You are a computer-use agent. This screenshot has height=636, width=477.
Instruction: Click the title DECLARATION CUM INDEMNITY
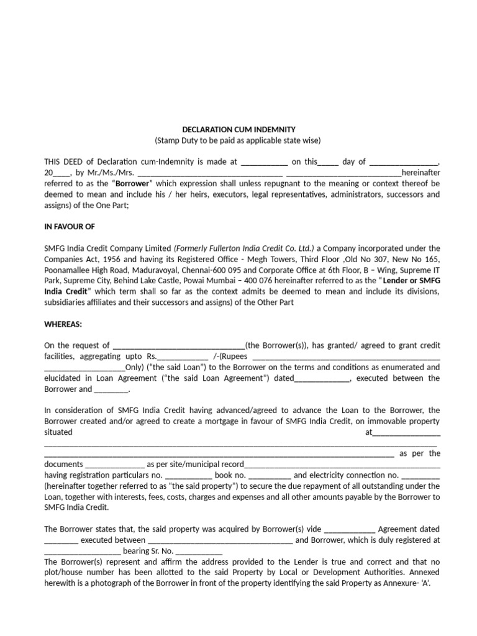point(238,129)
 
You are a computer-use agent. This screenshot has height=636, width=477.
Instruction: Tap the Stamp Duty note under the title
point(238,140)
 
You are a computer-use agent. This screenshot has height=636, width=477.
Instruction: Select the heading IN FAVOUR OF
point(70,227)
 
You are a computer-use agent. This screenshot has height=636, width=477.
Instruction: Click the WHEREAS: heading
point(63,324)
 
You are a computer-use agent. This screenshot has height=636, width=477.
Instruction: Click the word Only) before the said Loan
point(135,367)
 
